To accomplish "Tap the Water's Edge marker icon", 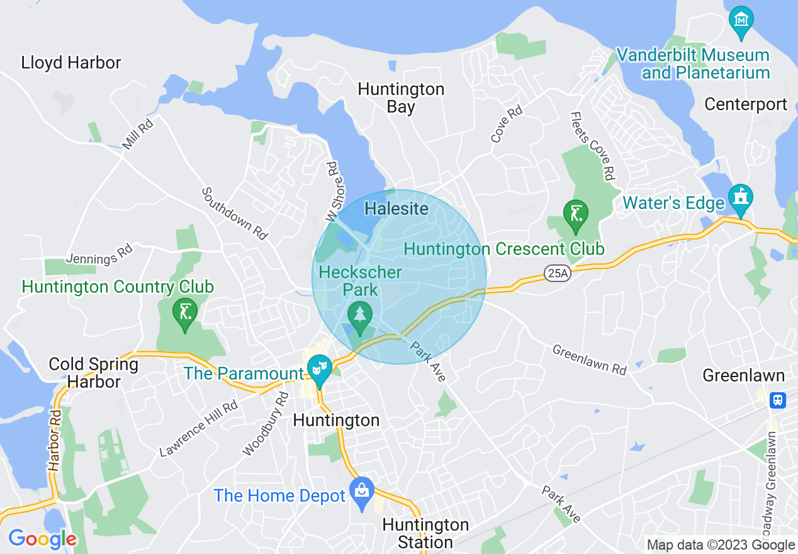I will (x=741, y=197).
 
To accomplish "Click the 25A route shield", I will (x=554, y=273).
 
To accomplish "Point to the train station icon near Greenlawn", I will (x=778, y=400).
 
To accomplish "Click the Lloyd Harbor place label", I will (x=71, y=63).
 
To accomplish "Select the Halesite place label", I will (x=396, y=209).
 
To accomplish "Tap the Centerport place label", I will (x=746, y=104).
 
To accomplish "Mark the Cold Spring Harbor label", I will (x=94, y=373).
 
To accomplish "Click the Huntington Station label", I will (x=425, y=533).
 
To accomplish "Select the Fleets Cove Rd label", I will (x=592, y=146).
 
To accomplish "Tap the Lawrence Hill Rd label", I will (x=198, y=429).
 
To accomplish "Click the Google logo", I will (x=42, y=539).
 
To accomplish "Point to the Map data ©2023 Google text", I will (x=721, y=545).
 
